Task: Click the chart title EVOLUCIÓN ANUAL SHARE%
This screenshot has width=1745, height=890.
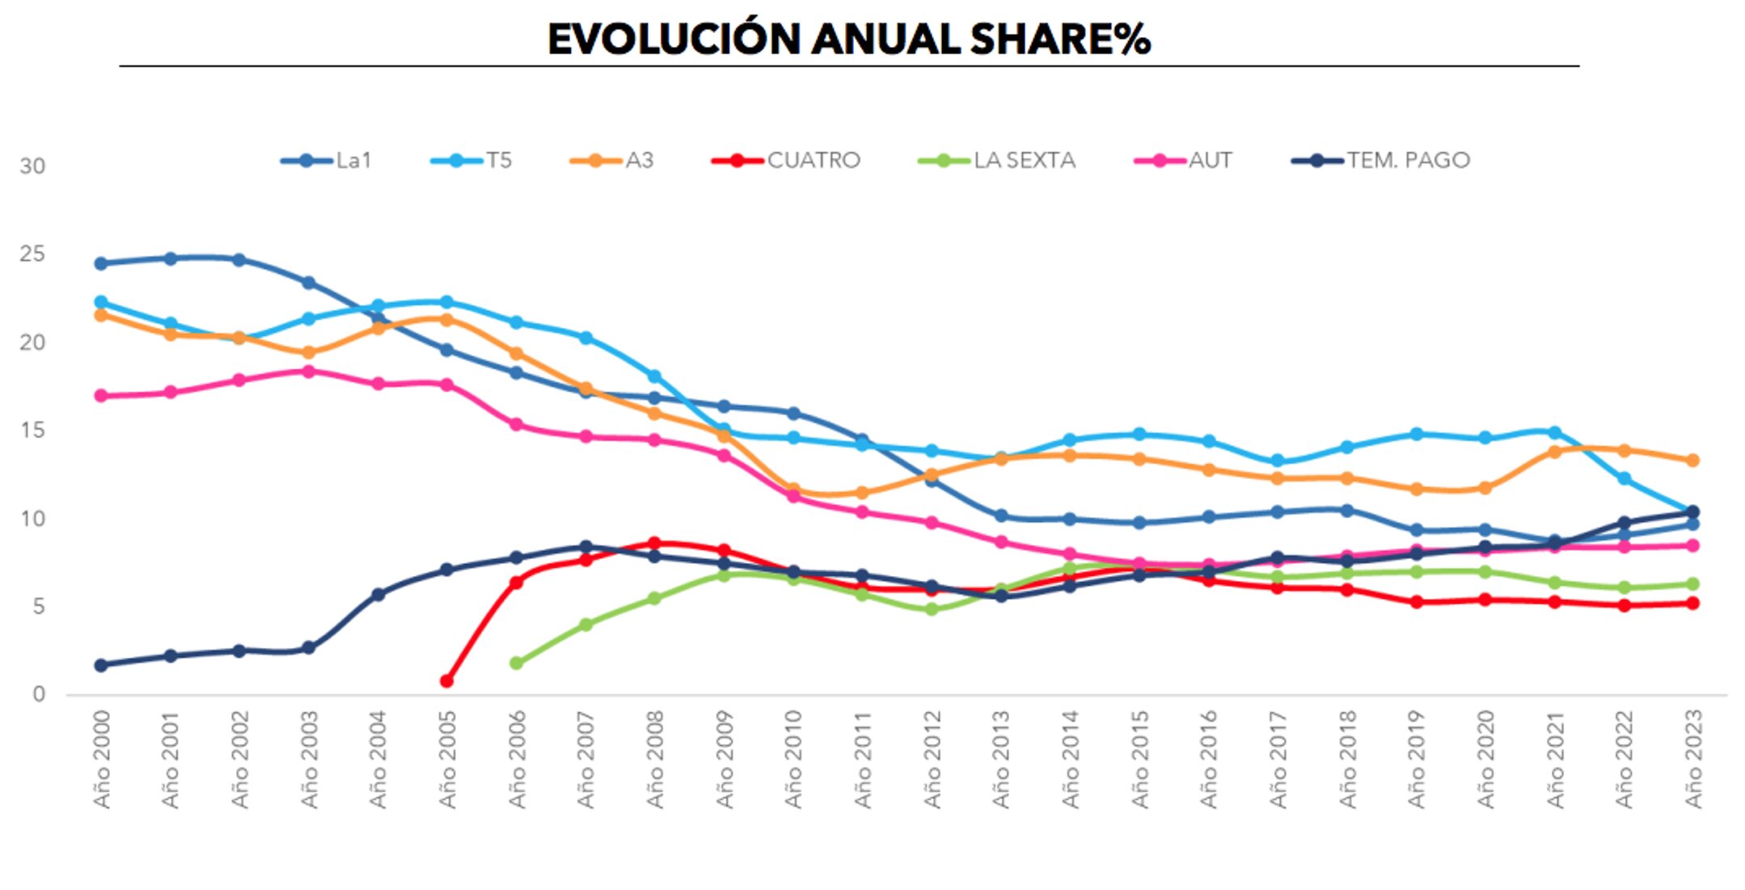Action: point(848,39)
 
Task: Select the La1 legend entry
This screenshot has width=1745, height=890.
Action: point(327,160)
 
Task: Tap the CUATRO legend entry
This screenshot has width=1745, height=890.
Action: point(786,160)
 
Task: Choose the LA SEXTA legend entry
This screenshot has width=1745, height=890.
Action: point(997,160)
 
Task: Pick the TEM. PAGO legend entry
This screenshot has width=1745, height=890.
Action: point(1381,160)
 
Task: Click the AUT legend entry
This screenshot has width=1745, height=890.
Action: point(1184,160)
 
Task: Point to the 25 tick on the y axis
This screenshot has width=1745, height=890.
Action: point(32,254)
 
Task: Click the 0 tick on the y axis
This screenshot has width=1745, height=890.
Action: point(38,694)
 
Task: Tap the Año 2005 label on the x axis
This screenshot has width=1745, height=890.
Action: point(447,759)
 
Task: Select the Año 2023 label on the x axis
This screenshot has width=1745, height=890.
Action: point(1693,759)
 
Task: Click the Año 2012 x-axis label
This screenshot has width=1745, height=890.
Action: point(932,759)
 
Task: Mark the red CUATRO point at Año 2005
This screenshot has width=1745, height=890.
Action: point(446,681)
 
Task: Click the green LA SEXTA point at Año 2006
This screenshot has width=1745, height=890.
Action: point(517,663)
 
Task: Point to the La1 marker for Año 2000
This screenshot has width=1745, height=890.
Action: point(101,264)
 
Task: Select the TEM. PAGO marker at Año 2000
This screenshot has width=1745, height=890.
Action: point(101,665)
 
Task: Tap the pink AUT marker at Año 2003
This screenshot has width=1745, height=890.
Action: point(308,371)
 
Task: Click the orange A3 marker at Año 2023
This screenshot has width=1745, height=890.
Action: point(1692,460)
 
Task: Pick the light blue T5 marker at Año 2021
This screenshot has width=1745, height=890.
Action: point(1554,433)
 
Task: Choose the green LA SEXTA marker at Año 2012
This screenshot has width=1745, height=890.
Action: point(932,609)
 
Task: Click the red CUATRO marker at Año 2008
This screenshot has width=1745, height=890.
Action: point(654,543)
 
